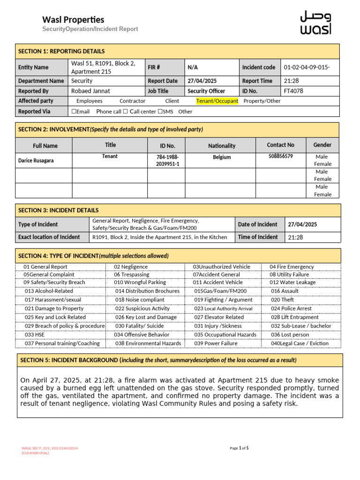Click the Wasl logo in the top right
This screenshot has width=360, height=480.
315,22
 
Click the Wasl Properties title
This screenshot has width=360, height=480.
73,20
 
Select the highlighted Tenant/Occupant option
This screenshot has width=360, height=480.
217,101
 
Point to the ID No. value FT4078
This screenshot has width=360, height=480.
293,91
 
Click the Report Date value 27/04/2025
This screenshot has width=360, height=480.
202,81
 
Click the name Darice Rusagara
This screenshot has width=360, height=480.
36,160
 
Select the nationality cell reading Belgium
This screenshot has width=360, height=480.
222,157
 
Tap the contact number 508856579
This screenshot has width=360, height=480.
280,156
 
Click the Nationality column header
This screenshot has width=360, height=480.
222,146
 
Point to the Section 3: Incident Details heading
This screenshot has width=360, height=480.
58,210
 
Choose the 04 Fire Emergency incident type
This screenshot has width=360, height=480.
292,267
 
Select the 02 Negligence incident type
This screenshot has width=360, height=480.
131,267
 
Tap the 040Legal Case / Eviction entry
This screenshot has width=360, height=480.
300,343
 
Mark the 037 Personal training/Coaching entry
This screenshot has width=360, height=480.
62,343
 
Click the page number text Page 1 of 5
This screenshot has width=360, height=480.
239,448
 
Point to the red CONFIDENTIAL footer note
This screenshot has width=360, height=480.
35,453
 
